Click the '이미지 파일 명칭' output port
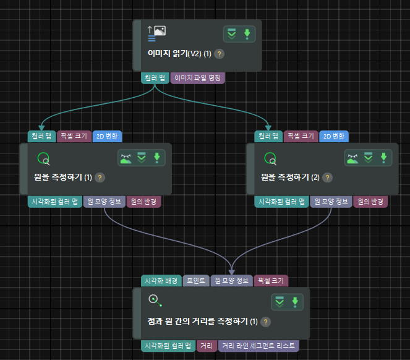(198, 79)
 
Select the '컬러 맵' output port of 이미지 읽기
(155, 79)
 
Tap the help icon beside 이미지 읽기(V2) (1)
(220, 54)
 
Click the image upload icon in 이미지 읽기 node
(156, 31)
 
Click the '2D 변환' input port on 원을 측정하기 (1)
(108, 136)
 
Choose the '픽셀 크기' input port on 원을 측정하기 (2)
(301, 136)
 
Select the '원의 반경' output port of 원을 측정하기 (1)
(143, 202)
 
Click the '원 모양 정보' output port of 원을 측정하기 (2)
(330, 202)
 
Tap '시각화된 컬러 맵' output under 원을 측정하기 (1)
(55, 202)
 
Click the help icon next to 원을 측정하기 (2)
(327, 178)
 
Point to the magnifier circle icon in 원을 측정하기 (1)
(43, 159)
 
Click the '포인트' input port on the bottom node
(195, 281)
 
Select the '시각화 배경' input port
(161, 281)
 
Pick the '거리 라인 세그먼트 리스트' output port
(258, 346)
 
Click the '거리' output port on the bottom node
(207, 346)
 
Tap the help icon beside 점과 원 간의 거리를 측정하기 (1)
(265, 322)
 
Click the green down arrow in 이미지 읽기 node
(247, 34)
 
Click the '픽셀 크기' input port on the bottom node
(271, 281)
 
